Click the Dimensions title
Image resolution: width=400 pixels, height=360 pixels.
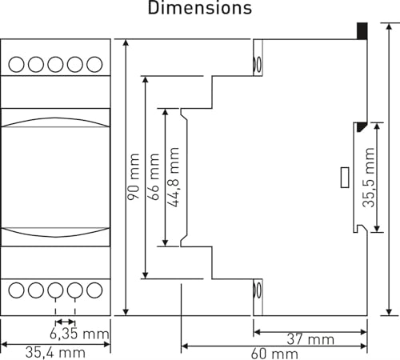tap(200, 7)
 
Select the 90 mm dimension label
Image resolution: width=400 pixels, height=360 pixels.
tap(134, 177)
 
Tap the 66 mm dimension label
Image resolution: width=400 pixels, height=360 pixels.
tap(154, 177)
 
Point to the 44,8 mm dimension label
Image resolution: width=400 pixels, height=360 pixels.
tap(174, 177)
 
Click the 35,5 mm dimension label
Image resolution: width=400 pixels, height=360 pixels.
tap(369, 178)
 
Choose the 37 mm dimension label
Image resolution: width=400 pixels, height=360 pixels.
tap(310, 339)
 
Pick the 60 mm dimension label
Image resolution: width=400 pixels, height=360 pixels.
tap(274, 354)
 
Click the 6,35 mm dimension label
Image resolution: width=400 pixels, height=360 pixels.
tap(79, 334)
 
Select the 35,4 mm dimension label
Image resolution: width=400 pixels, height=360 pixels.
tap(55, 353)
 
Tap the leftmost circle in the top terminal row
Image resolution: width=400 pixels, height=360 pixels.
tap(16, 64)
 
